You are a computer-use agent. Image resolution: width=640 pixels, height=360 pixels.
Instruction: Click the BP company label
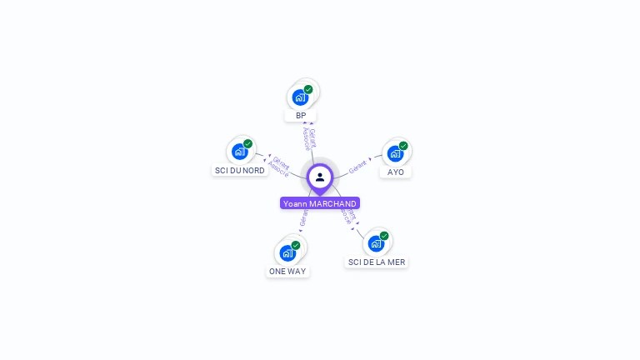[x=301, y=116]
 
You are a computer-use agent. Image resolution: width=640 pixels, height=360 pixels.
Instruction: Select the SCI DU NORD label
[x=240, y=170]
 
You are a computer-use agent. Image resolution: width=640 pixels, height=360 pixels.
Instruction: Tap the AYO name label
[x=396, y=172]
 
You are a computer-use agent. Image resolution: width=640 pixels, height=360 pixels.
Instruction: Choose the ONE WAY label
[x=287, y=272]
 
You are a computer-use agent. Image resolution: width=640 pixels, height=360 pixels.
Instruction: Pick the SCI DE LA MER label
[x=377, y=262]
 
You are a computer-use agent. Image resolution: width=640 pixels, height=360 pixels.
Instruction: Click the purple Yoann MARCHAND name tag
[x=320, y=203]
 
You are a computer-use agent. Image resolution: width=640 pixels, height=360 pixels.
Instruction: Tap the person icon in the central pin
[x=320, y=177]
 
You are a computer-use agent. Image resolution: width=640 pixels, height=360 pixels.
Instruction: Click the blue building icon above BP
[x=300, y=97]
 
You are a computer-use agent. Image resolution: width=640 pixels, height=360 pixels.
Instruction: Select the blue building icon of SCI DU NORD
[x=240, y=151]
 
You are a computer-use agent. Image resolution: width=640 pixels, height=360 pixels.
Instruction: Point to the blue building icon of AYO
[x=395, y=153]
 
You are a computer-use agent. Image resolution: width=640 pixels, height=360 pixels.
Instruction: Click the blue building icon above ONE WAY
[x=287, y=252]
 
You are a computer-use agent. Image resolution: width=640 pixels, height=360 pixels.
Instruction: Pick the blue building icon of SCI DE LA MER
[x=376, y=243]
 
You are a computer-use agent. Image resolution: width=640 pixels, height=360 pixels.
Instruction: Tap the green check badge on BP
[x=308, y=89]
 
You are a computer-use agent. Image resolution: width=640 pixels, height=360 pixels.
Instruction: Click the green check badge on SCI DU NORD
[x=247, y=143]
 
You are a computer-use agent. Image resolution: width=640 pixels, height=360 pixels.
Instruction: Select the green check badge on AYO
[x=403, y=146]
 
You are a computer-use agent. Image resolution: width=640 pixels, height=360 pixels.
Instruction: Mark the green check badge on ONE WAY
[x=296, y=245]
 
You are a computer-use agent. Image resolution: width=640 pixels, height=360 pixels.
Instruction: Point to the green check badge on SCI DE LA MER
[x=384, y=236]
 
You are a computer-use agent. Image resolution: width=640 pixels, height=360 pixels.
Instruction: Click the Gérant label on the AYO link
[x=358, y=165]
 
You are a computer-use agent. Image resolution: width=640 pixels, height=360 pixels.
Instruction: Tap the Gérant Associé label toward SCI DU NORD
[x=281, y=167]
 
